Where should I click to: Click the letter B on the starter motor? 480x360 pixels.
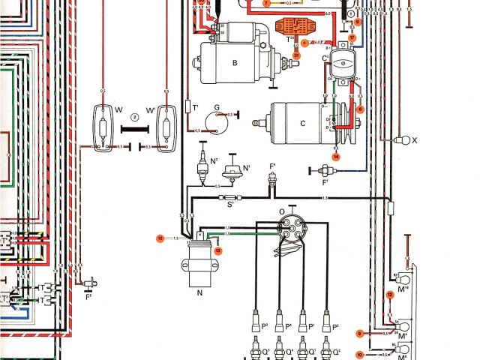coord(234,64)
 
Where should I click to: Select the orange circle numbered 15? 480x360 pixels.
coord(160,238)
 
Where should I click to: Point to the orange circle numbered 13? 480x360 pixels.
coord(218,251)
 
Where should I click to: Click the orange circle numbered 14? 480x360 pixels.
coord(337,157)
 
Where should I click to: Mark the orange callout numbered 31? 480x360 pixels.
coord(296,55)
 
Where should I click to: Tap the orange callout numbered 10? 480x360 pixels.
coord(359,353)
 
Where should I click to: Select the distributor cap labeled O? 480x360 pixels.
coord(289,229)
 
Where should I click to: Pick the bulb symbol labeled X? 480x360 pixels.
coord(402,139)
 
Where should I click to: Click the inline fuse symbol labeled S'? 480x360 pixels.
coord(229,198)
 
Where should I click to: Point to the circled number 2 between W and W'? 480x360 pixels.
coord(133,117)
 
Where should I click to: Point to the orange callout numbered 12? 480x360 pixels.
coord(390,295)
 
